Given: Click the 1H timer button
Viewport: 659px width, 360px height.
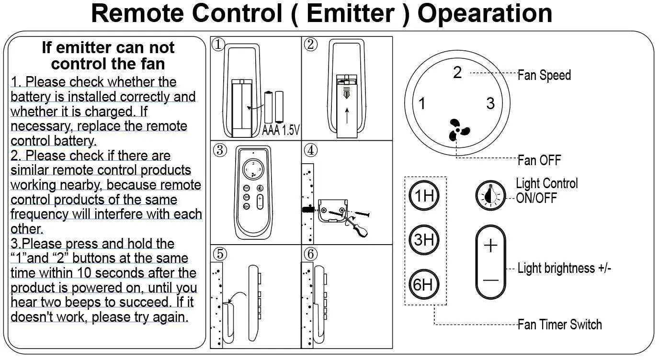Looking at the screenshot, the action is (424, 195).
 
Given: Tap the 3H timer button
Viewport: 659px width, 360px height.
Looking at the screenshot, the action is (424, 240).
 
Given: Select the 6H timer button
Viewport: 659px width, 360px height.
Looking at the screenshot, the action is (424, 284).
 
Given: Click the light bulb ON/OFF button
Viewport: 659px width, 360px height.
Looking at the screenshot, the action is (490, 195).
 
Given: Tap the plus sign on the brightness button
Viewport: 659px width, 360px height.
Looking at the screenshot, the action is (491, 246).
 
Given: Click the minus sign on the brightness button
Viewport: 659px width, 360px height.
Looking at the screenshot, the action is (491, 281).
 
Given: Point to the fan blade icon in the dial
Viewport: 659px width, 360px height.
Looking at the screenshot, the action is (458, 130).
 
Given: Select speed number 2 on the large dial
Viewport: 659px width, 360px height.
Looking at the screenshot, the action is (457, 73).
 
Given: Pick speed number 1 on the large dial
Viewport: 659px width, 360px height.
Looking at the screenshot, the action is (422, 103).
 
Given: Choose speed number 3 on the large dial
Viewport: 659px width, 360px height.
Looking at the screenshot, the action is (490, 103).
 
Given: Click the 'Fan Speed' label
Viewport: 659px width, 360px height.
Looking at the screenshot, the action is (544, 75).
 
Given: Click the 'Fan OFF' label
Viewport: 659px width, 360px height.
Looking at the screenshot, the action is (539, 160).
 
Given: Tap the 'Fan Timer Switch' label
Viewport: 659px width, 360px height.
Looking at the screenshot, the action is (560, 325).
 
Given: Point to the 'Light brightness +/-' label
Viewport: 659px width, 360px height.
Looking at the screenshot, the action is (564, 268).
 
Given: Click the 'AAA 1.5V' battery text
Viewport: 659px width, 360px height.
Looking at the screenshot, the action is (281, 130).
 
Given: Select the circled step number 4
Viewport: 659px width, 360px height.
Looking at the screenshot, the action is (311, 150).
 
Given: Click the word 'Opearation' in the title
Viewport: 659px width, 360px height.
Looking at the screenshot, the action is (485, 13).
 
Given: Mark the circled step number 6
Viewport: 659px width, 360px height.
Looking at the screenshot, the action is (311, 254).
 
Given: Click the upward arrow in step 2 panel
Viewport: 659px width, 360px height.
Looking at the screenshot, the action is (347, 116).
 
